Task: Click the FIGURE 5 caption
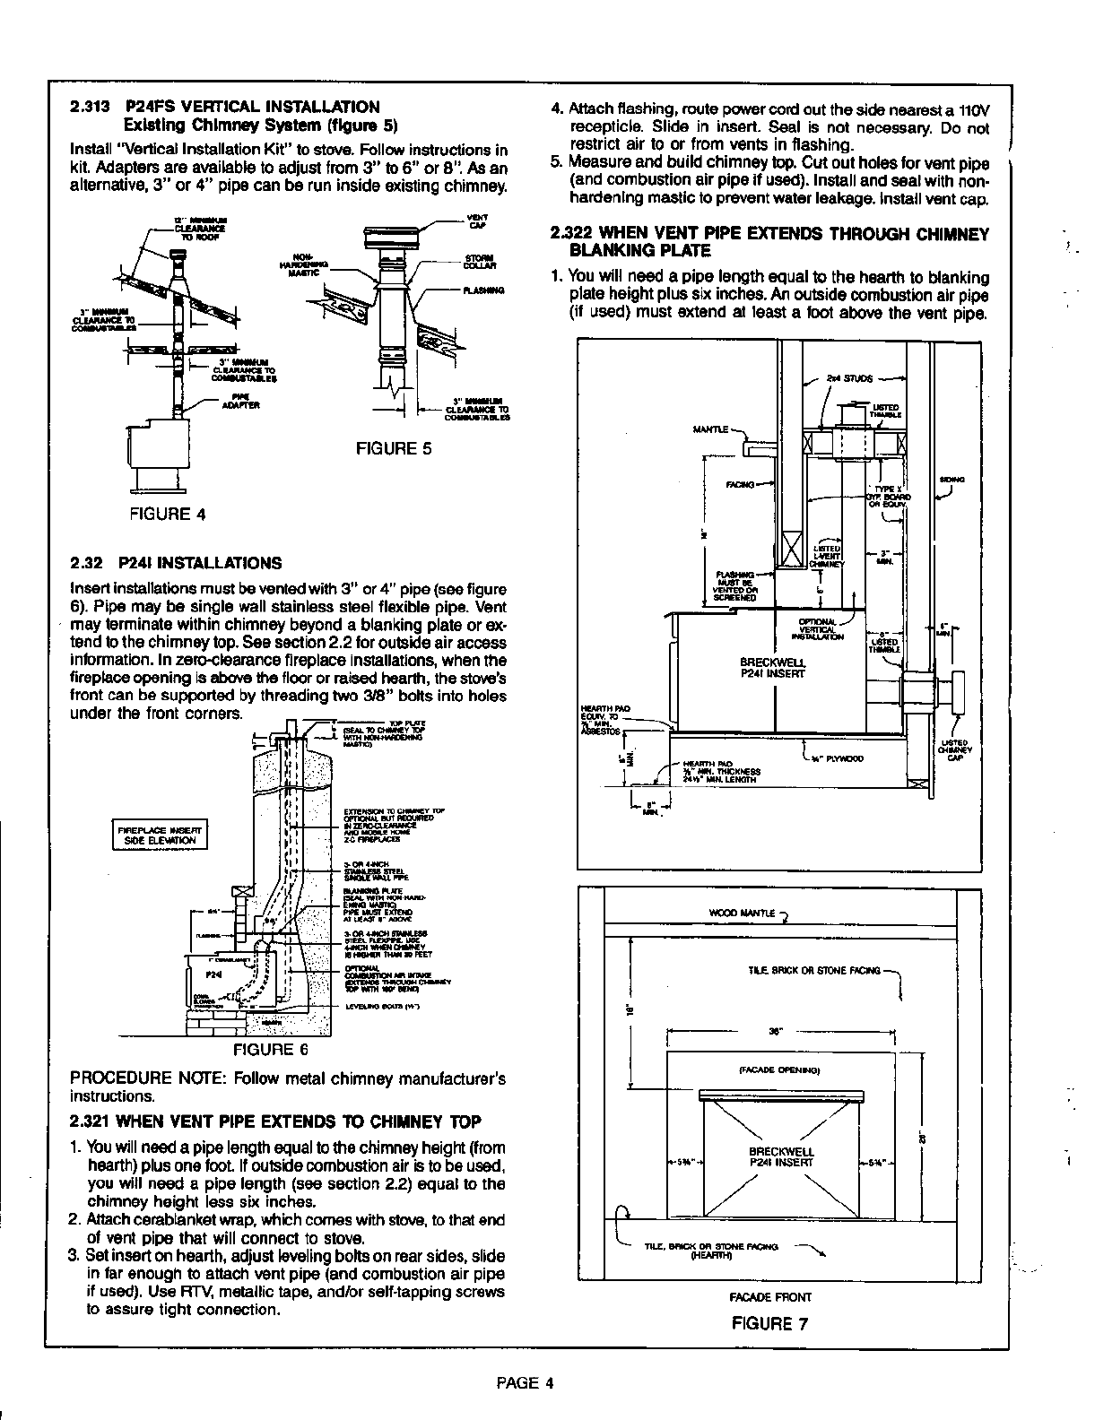(394, 448)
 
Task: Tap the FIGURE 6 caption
(271, 1049)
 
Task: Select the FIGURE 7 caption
(770, 1323)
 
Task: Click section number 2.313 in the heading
(90, 107)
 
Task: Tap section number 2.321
(90, 1121)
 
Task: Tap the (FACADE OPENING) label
(779, 1069)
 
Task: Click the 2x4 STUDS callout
(849, 378)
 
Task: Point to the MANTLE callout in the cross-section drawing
(710, 429)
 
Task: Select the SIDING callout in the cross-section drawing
(952, 480)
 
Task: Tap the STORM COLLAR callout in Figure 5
(475, 263)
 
